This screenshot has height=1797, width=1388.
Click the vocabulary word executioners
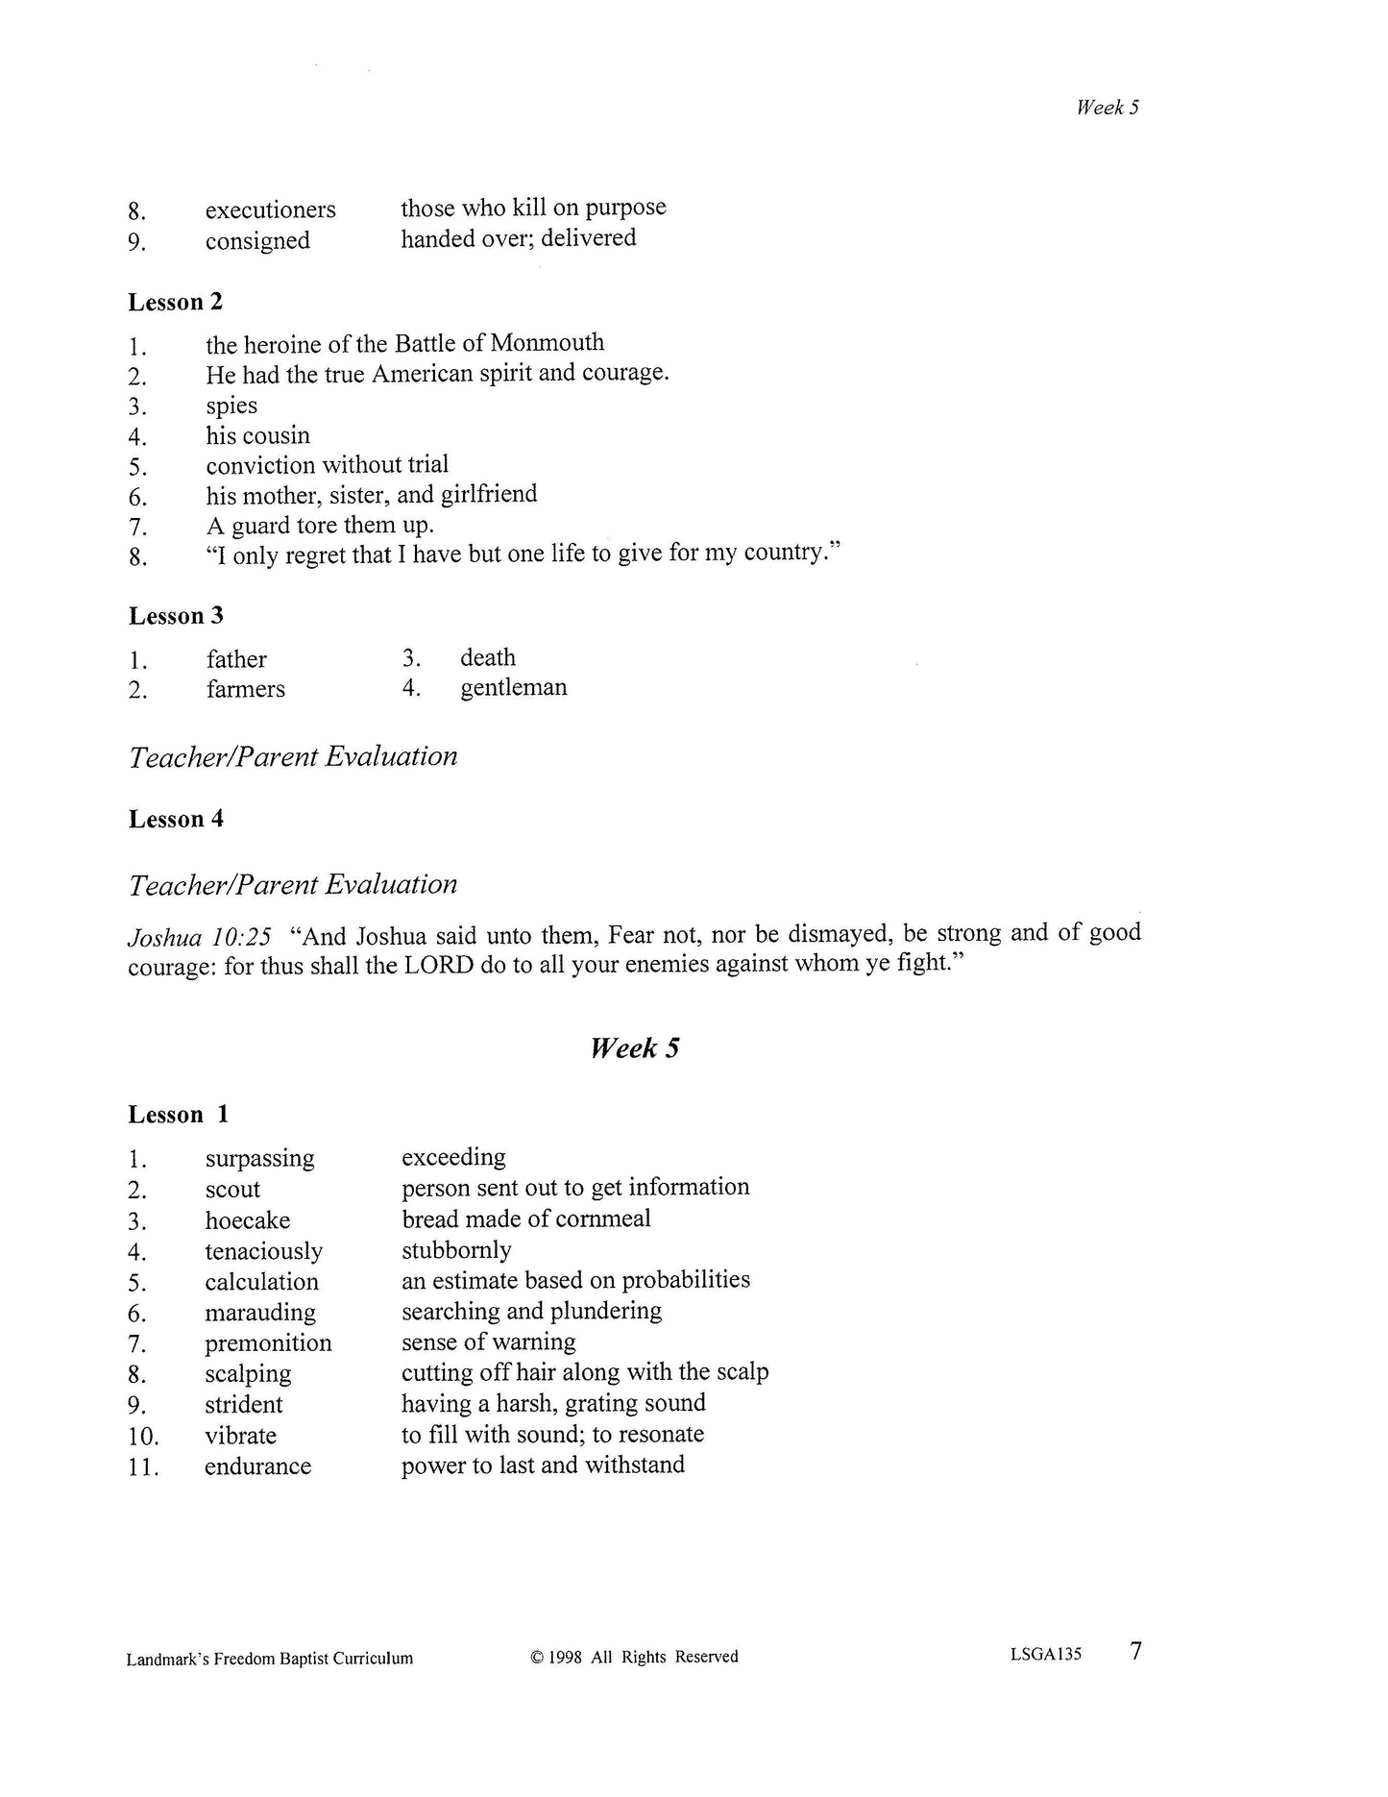click(x=270, y=209)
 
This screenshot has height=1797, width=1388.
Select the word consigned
click(x=257, y=240)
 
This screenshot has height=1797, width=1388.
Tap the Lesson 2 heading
click(x=175, y=302)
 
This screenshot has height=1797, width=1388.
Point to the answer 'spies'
click(x=231, y=406)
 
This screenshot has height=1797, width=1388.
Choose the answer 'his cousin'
click(x=257, y=435)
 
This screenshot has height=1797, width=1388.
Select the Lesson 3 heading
click(x=175, y=616)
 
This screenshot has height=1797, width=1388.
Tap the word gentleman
click(x=513, y=688)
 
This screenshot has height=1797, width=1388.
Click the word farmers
click(x=245, y=689)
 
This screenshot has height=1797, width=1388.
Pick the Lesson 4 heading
click(x=175, y=819)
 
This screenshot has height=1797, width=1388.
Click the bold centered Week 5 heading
click(x=634, y=1047)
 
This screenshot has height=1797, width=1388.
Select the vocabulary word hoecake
click(x=247, y=1220)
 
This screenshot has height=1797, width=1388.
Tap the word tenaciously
click(x=263, y=1251)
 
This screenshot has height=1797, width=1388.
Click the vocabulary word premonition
click(x=268, y=1343)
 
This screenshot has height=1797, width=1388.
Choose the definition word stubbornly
click(x=456, y=1250)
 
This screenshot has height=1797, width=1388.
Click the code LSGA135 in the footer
click(x=1045, y=1655)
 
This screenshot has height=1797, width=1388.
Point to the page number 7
click(x=1135, y=1652)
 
